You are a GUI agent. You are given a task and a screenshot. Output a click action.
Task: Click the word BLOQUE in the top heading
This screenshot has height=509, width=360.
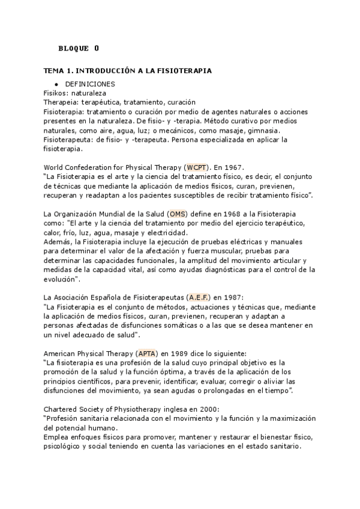(x=73, y=48)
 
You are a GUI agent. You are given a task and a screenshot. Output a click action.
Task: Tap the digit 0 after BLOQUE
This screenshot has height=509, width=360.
(x=97, y=48)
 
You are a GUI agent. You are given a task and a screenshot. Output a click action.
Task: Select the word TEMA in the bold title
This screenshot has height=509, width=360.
(x=55, y=71)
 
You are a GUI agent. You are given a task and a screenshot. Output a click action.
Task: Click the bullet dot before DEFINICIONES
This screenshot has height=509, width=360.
(x=55, y=85)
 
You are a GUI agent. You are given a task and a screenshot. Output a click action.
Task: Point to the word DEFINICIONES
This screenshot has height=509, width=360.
(x=90, y=85)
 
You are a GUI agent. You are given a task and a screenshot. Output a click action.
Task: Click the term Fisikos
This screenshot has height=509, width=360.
(x=56, y=94)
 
